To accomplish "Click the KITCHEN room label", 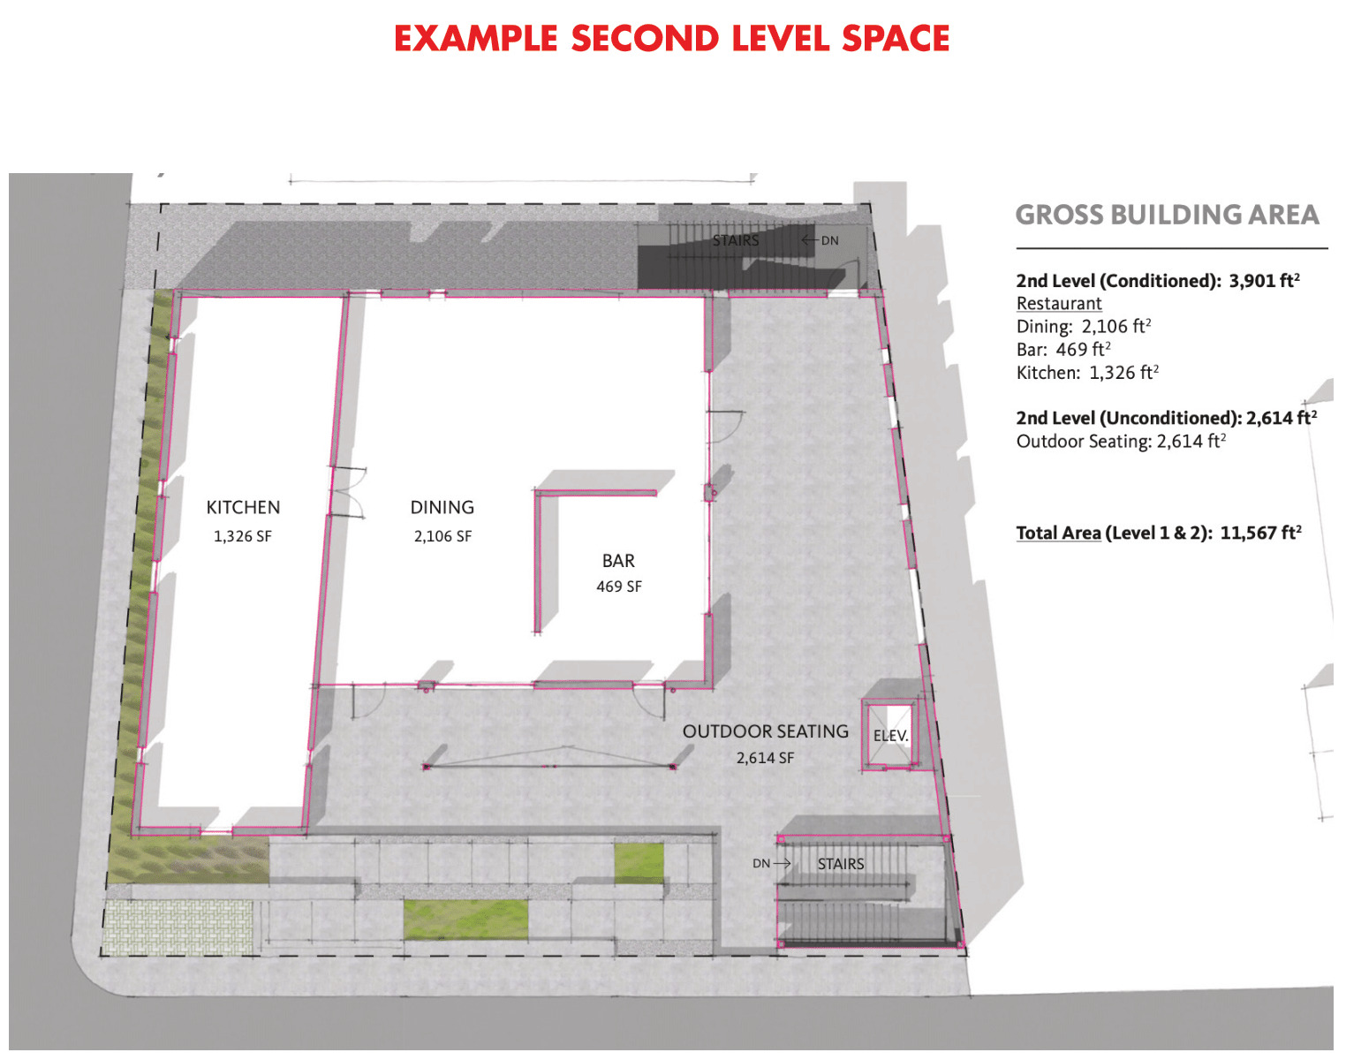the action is click(x=243, y=507).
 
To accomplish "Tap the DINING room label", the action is click(x=442, y=507).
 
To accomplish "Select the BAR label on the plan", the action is click(x=618, y=561).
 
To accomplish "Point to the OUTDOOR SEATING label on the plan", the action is click(x=766, y=731).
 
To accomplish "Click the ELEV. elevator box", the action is click(x=890, y=735).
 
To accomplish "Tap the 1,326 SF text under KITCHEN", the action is click(x=243, y=536).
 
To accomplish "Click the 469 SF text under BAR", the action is click(x=619, y=587).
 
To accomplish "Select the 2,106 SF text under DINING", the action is click(x=442, y=536).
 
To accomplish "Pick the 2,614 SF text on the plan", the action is click(x=765, y=758).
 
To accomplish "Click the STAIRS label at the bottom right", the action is click(x=841, y=864).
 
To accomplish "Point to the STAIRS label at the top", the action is click(x=736, y=240).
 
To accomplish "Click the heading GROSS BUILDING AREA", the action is click(x=1167, y=215).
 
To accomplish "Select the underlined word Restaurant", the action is click(x=1059, y=304).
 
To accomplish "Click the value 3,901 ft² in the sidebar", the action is click(x=1265, y=280).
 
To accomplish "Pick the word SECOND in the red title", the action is click(x=645, y=38).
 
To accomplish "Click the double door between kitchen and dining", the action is click(x=347, y=492).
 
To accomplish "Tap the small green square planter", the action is click(x=639, y=863).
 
